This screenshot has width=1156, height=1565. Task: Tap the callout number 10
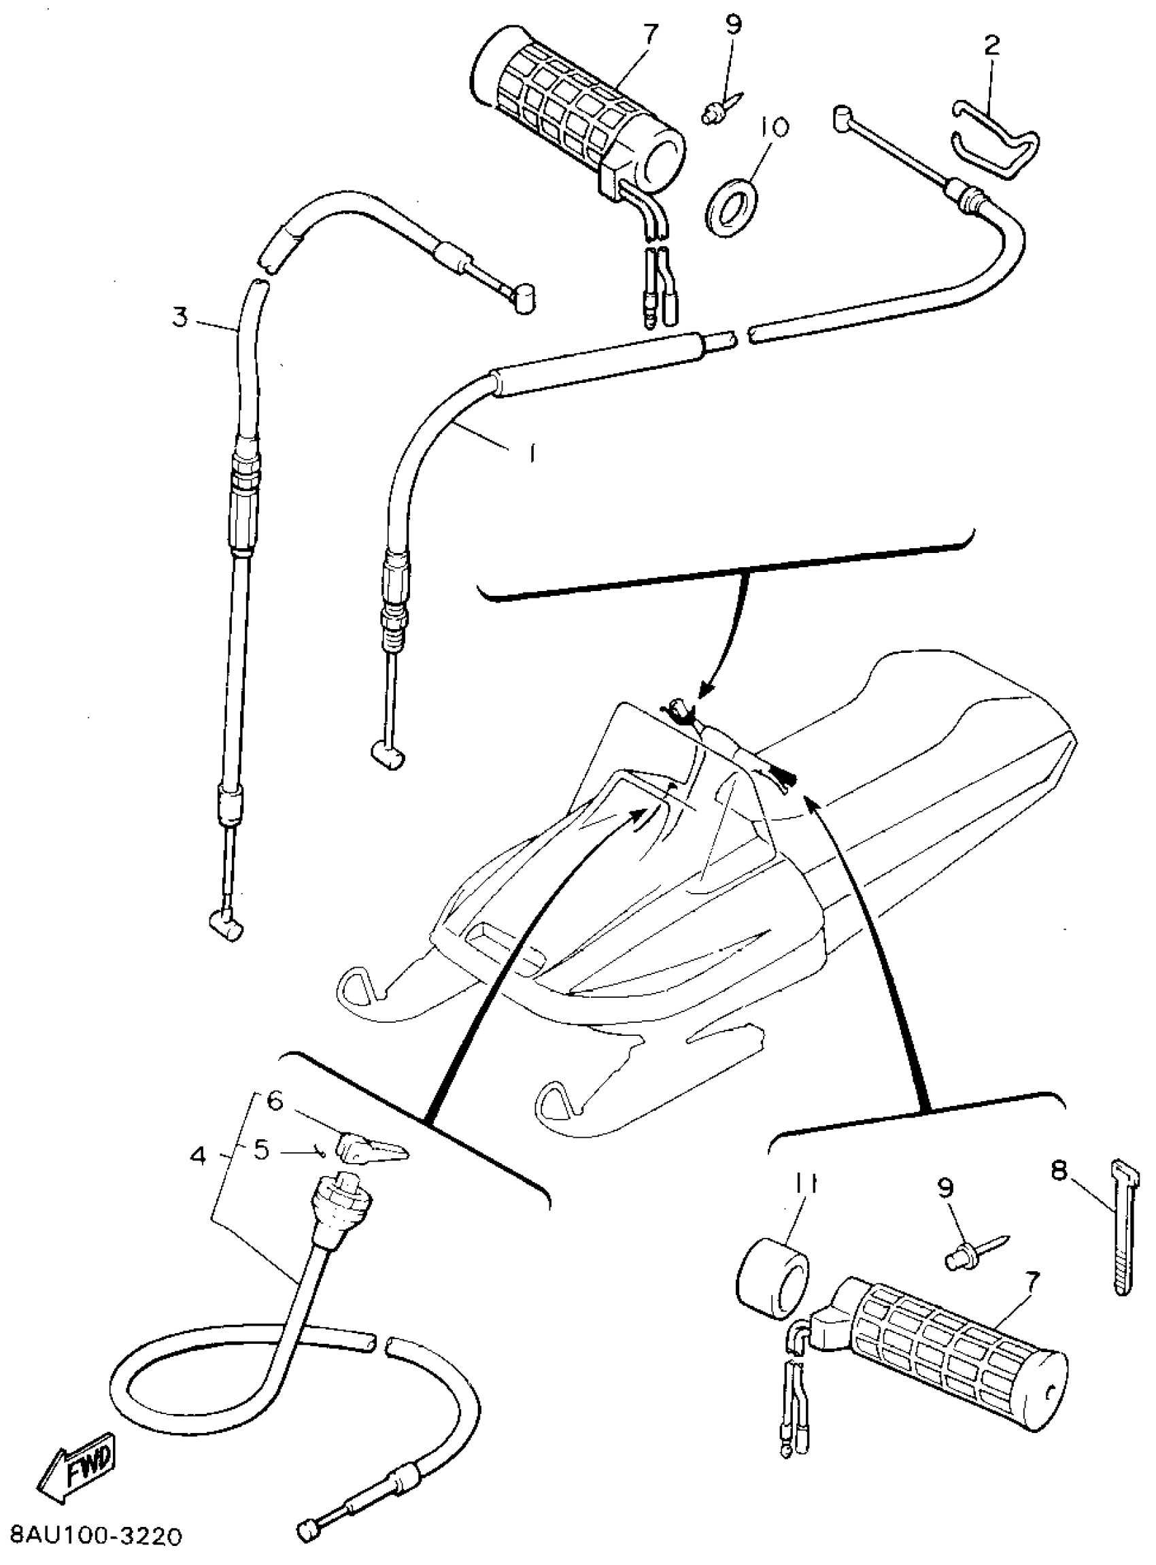pyautogui.click(x=773, y=127)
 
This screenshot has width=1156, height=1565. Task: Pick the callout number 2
pyautogui.click(x=991, y=47)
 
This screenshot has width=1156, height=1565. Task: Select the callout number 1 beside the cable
pyautogui.click(x=533, y=454)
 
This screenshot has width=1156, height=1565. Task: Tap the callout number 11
pyautogui.click(x=806, y=1185)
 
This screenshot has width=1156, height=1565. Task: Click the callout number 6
pyautogui.click(x=275, y=1103)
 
